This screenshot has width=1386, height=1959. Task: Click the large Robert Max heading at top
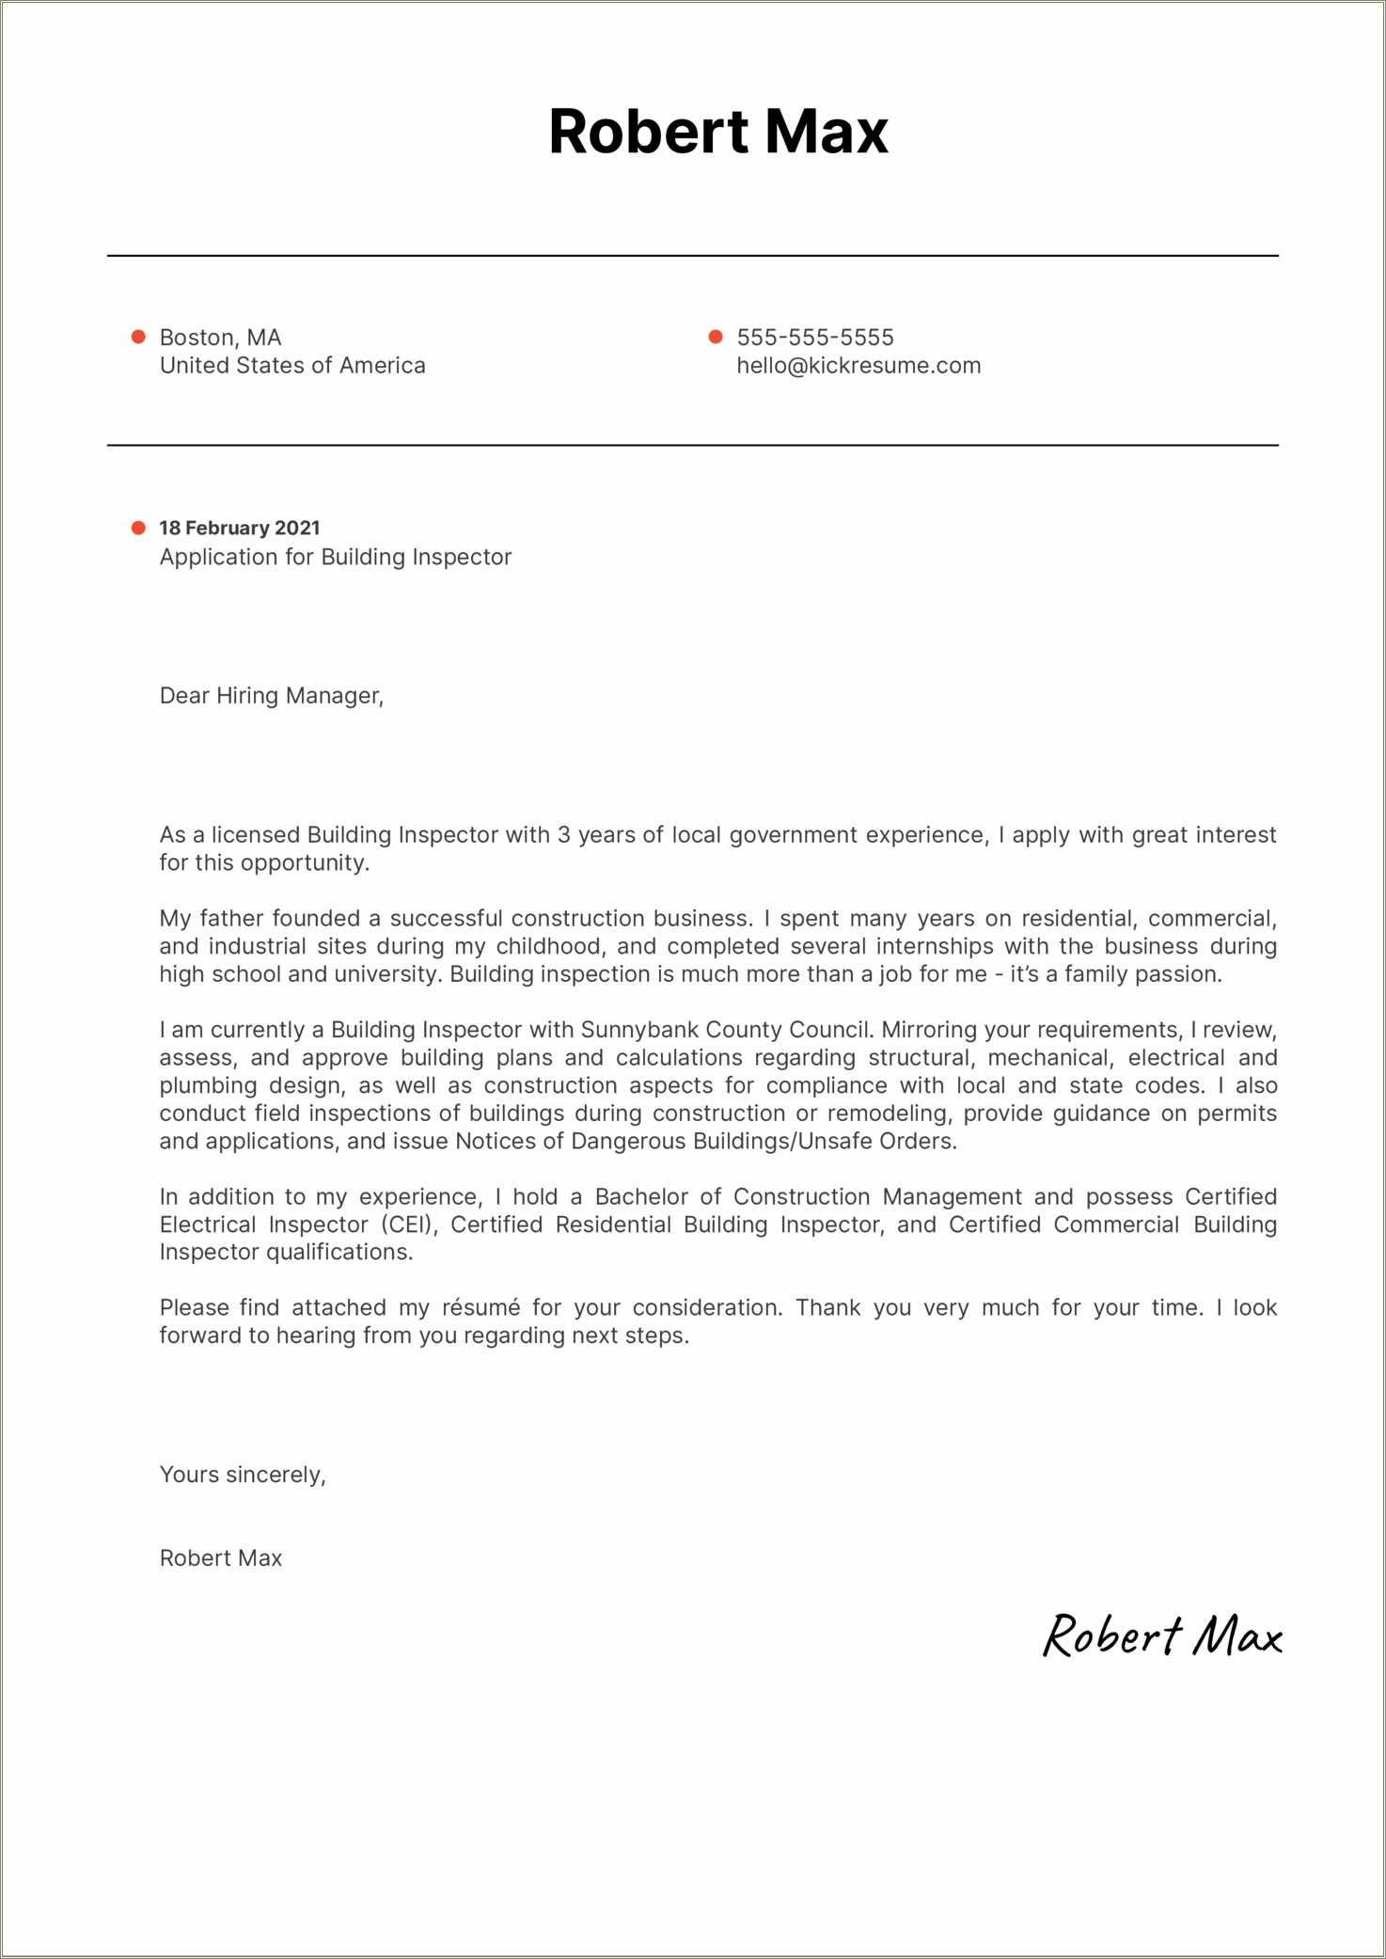(x=717, y=131)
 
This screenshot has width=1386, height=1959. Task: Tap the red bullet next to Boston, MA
(x=138, y=337)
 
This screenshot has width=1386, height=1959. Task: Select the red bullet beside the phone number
(x=715, y=337)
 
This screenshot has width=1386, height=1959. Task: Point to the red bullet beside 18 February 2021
(x=138, y=528)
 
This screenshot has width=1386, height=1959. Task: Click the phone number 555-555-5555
(x=814, y=337)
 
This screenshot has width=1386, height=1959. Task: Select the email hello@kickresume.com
(x=858, y=365)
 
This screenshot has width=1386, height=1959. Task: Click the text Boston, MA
(x=220, y=337)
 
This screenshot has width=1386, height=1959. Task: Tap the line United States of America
(x=291, y=365)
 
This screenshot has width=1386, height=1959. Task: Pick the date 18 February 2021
(x=239, y=528)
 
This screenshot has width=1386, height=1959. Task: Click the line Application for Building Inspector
(x=335, y=557)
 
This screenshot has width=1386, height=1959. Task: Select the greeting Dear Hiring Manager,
(x=271, y=696)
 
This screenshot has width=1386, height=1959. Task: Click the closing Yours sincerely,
(x=243, y=1474)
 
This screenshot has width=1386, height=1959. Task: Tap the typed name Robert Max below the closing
(x=220, y=1557)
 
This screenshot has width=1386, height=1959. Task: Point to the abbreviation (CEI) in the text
(x=409, y=1224)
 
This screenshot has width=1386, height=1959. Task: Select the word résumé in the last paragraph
(x=480, y=1307)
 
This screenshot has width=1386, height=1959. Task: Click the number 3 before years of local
(x=563, y=835)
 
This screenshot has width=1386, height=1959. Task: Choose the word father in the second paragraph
(x=231, y=918)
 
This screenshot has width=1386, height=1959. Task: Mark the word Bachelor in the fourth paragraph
(x=641, y=1196)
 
